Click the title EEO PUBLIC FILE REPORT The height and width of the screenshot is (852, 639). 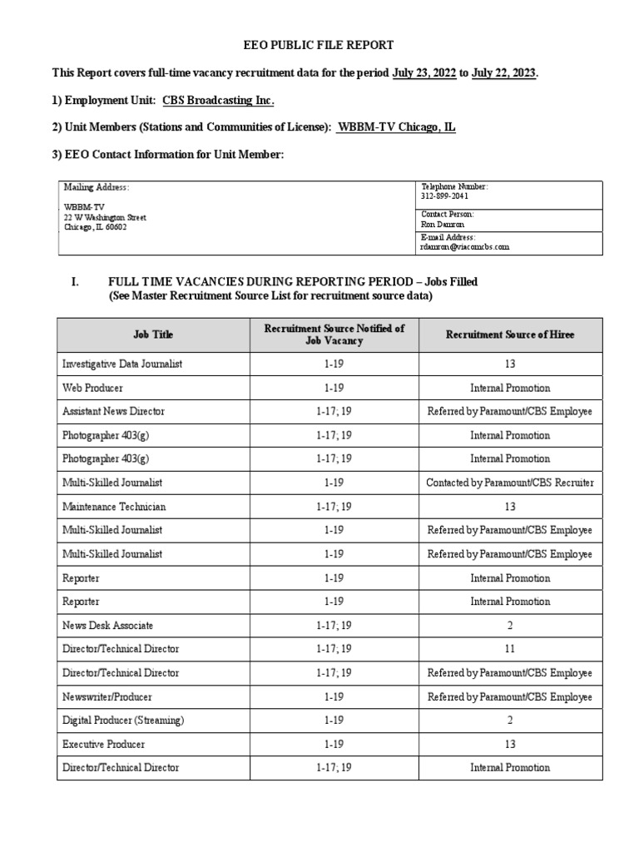click(319, 45)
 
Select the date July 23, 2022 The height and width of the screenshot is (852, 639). click(424, 73)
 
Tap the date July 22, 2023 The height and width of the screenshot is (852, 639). click(503, 73)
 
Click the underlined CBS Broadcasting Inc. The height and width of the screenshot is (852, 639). click(218, 101)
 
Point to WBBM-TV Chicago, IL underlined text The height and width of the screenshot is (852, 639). click(396, 127)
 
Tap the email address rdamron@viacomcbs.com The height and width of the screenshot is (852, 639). click(465, 246)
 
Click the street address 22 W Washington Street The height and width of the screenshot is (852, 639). click(105, 217)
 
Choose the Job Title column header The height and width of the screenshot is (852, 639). click(153, 334)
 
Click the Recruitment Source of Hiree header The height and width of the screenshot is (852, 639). click(509, 334)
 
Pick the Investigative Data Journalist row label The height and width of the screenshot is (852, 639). click(122, 364)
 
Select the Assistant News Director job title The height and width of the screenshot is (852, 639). click(113, 411)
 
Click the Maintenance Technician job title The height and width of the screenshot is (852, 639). click(114, 506)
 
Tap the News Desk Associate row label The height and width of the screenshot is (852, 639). click(107, 625)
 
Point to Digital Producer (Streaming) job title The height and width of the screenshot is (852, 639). click(123, 720)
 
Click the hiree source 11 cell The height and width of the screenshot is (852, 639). click(509, 648)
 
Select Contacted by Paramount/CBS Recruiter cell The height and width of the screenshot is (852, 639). click(509, 483)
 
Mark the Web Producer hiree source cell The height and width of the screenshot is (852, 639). click(509, 388)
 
